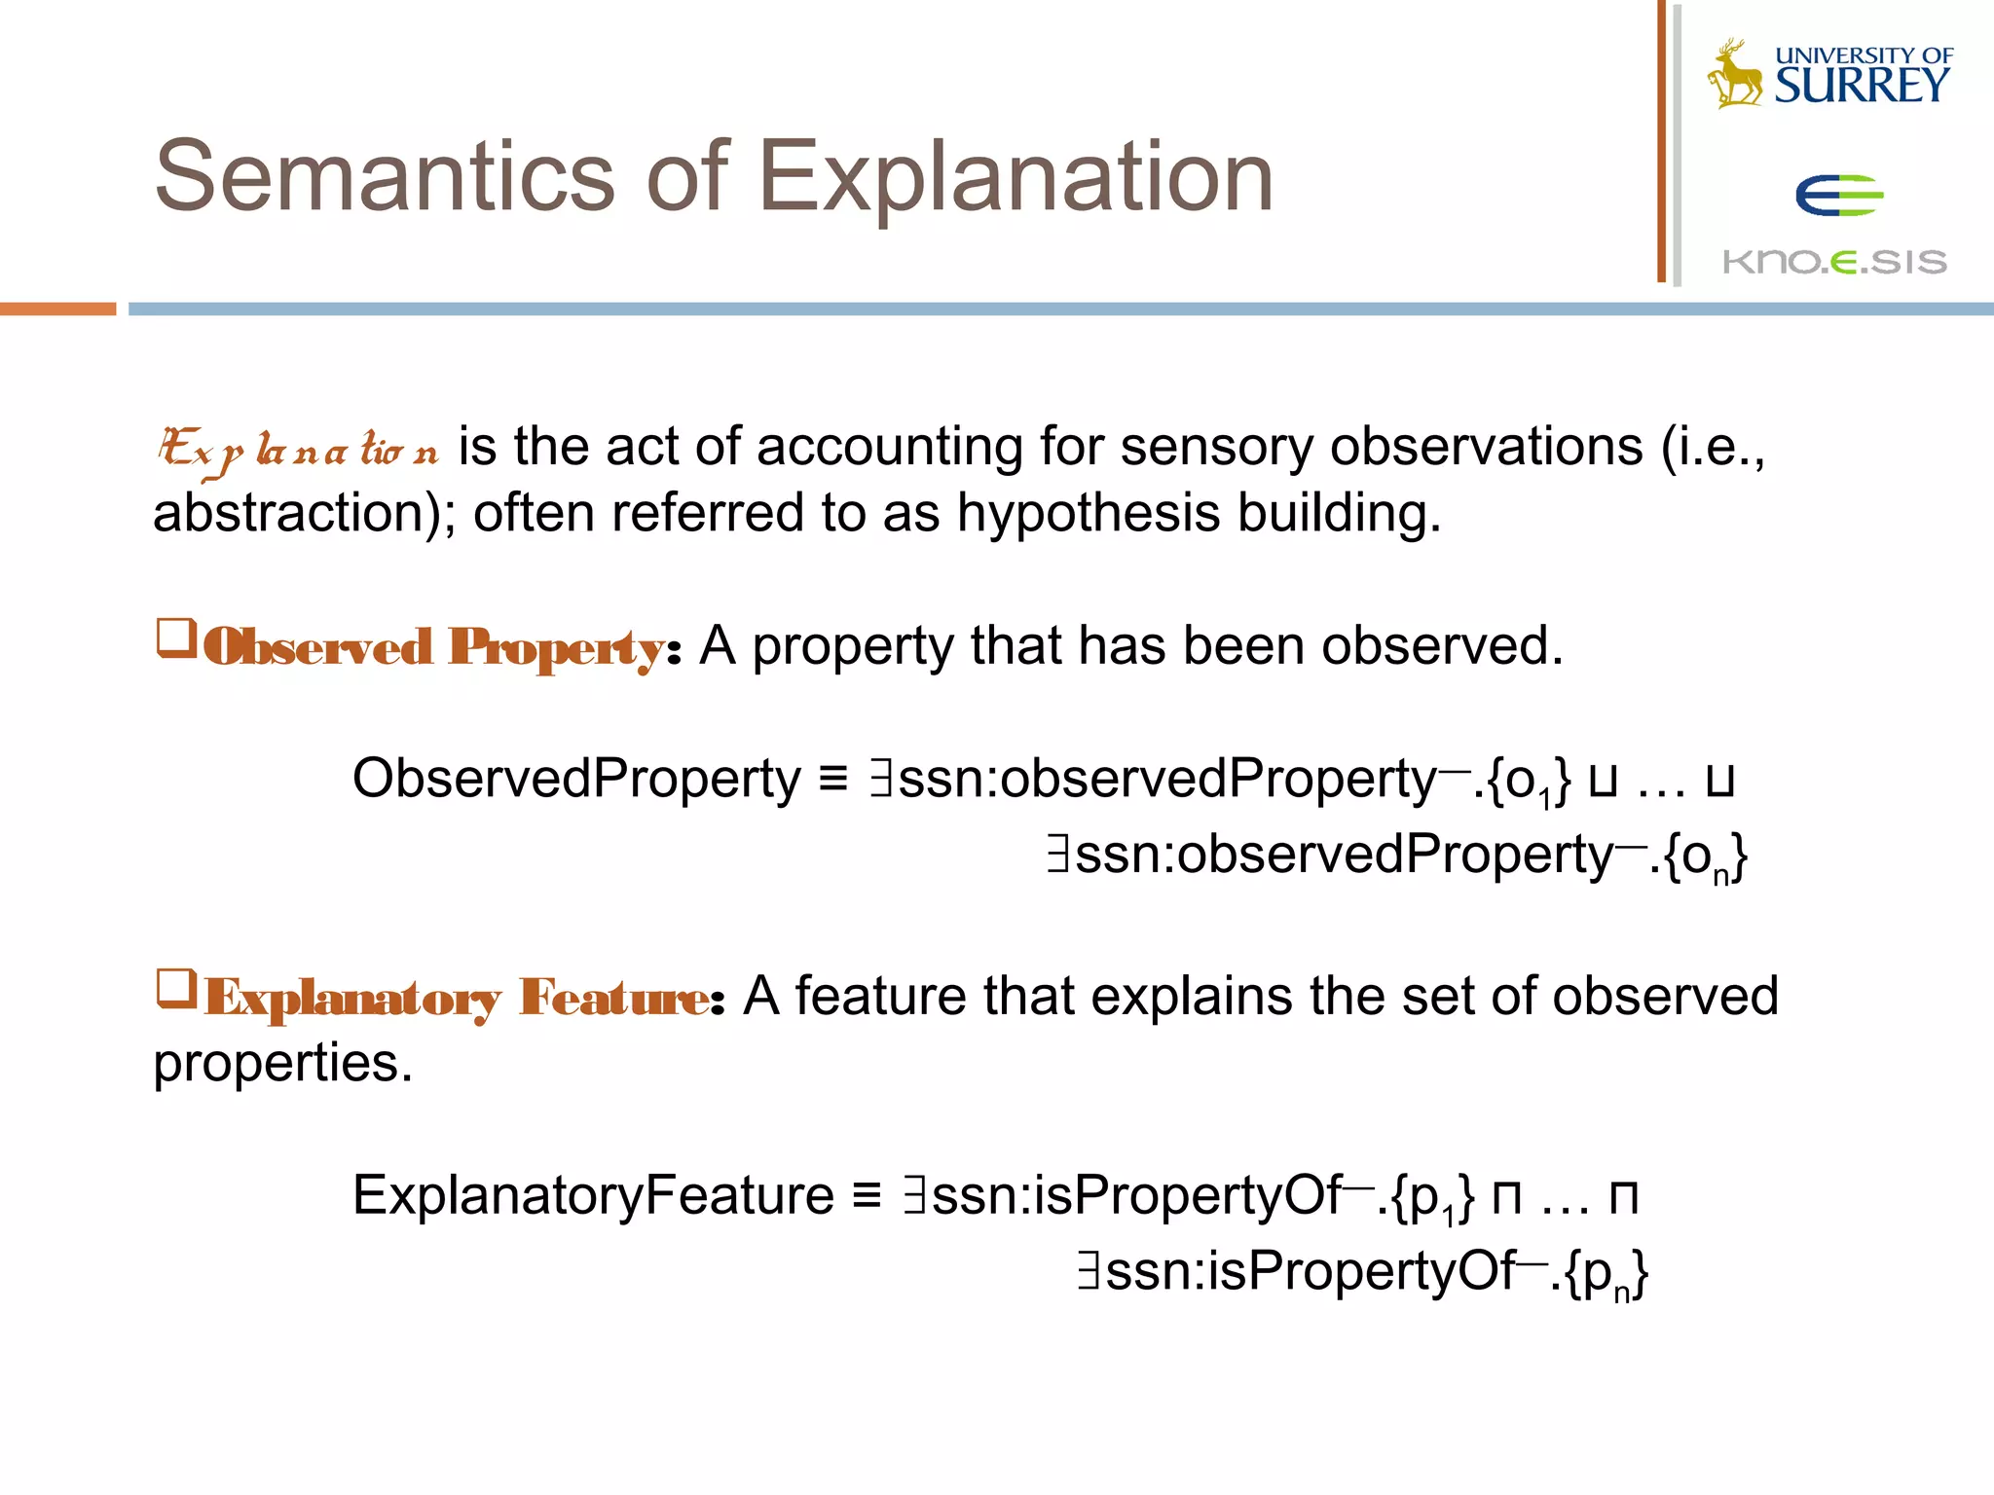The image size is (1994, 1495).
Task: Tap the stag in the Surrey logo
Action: click(1734, 75)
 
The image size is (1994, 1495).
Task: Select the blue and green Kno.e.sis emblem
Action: click(1839, 195)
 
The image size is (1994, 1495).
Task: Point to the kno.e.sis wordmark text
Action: click(1834, 261)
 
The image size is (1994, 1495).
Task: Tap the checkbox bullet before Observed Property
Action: click(177, 639)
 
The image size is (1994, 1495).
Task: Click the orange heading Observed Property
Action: click(434, 647)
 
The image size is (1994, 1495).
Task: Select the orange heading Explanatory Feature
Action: click(458, 998)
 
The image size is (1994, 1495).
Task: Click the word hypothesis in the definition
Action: click(1088, 513)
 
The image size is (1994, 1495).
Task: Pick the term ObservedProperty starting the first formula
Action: click(576, 779)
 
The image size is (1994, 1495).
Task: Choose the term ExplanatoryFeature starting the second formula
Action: click(593, 1195)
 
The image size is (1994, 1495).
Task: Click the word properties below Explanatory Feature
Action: click(282, 1063)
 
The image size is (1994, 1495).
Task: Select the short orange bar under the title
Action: click(57, 309)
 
